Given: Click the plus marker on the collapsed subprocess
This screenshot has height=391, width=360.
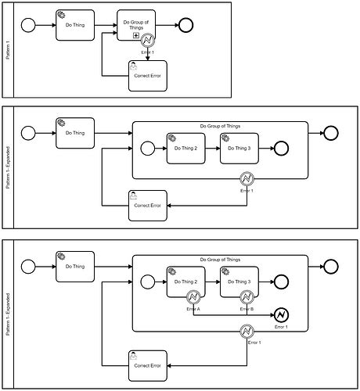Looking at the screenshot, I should pos(135,36).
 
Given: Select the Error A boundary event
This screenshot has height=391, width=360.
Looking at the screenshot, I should pos(193,296).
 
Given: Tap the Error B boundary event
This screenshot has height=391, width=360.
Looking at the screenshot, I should pos(246,296).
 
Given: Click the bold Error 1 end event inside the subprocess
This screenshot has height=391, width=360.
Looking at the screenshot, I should pos(280,315).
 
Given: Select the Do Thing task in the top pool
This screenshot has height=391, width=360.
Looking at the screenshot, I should pos(75,25).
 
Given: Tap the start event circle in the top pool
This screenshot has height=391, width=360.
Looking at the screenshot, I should pos(30,25).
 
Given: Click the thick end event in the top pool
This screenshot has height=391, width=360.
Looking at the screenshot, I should pos(186,25).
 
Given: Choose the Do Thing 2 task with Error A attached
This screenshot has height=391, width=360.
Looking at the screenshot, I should pos(186,282).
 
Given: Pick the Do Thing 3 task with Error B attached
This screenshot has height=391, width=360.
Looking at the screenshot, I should pos(239,282).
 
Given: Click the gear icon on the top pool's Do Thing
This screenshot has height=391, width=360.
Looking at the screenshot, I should pos(62,15).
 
